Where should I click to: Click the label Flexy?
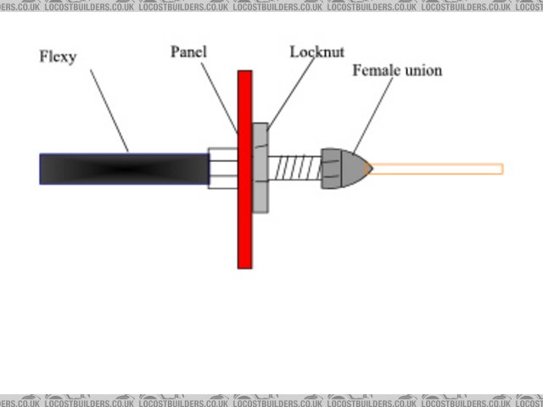tap(58, 59)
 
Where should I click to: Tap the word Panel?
tap(188, 52)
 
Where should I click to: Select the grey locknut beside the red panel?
tap(260, 168)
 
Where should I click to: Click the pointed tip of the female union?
tap(368, 168)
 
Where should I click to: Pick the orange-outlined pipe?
tap(437, 169)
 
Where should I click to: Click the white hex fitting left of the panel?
tap(222, 168)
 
